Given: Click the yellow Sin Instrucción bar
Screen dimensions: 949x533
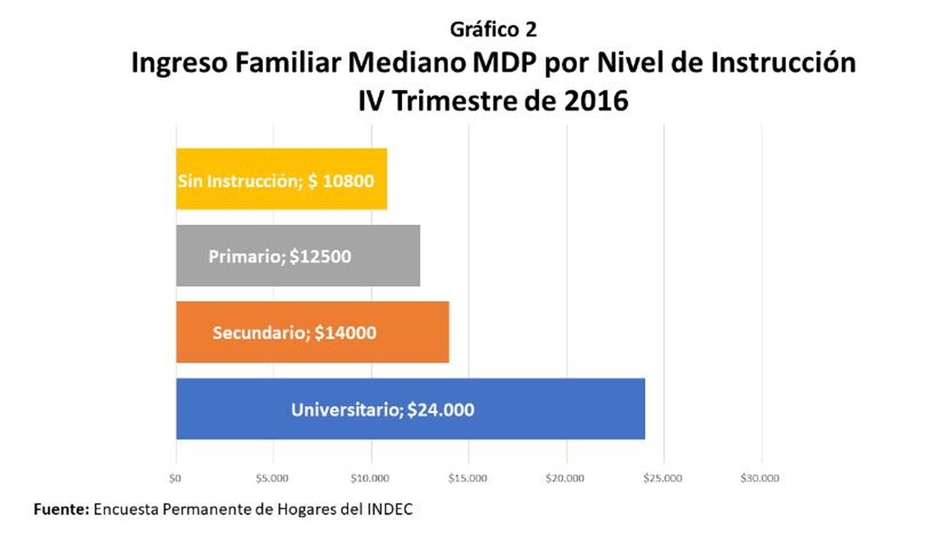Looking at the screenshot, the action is pos(282,179).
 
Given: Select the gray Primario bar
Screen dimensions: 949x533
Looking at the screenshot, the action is pos(298,255).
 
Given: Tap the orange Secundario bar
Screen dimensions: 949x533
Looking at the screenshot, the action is pos(313,332).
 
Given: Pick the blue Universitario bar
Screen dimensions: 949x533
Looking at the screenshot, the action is pos(411,408).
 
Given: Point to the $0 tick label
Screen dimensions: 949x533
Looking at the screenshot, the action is pos(175,479).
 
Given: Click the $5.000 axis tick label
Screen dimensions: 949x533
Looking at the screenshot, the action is pos(272,479).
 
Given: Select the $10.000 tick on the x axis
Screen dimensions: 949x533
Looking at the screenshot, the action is pos(370,479).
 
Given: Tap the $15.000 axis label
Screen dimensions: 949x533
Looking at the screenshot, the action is pos(468,479).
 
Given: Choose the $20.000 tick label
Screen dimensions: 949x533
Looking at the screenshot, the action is pos(565,479).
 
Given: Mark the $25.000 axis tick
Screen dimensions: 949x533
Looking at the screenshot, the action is pos(662,479).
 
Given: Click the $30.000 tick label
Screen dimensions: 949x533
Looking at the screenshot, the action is pos(760,479).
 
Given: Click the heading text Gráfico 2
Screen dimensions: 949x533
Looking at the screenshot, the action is pos(493,30).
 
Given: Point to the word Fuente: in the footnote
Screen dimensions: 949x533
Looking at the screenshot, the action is pos(61,510).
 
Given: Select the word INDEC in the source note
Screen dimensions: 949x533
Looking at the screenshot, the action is pos(390,510).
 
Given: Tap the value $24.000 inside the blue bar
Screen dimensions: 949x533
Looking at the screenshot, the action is pos(440,410).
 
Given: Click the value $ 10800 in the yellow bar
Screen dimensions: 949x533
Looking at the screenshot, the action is pos(341,181).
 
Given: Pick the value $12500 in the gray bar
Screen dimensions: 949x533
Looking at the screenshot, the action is pos(320,257).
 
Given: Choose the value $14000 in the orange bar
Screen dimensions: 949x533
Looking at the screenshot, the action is pos(345,333).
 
